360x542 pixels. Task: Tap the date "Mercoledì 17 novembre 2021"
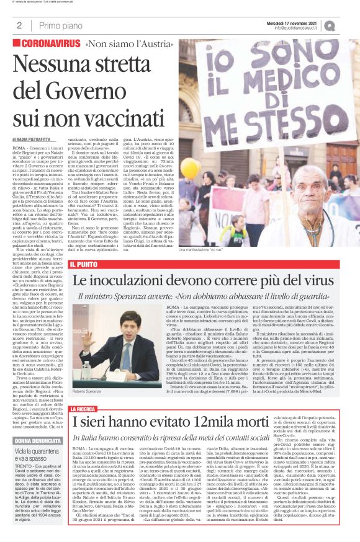pyautogui.click(x=300, y=22)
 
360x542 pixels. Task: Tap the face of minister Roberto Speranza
pyautogui.click(x=125, y=326)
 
